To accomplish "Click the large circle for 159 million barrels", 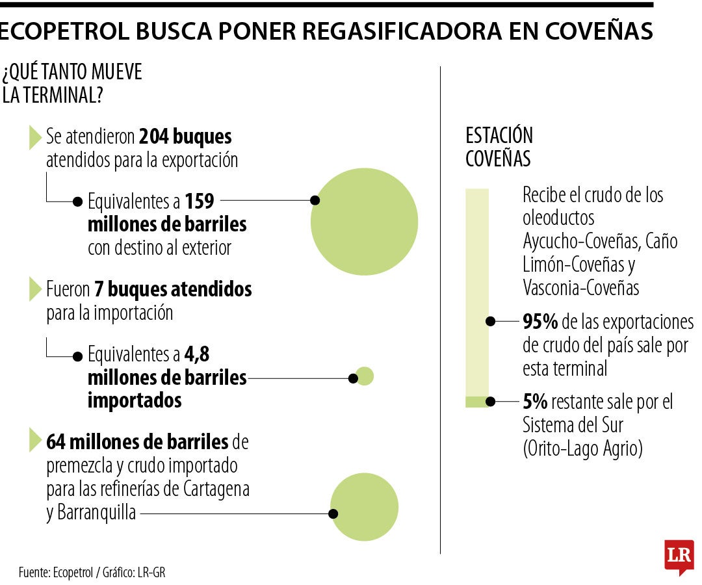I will coord(364,222).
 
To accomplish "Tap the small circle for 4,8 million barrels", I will coord(364,376).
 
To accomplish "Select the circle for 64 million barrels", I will coord(364,507).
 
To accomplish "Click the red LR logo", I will coord(679,556).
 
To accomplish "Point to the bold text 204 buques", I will coord(185,137).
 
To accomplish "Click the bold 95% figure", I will coord(540,322).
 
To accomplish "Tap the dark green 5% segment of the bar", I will coord(476,402).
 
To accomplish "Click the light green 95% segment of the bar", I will coord(476,292).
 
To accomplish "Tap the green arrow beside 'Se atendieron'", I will coord(34,137).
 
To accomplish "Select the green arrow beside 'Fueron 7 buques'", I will coord(34,289).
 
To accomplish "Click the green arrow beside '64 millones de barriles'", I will coord(34,441).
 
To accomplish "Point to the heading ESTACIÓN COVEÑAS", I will coord(499,147).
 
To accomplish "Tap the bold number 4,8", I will coord(196,355).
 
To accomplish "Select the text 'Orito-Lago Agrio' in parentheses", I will coord(582,448).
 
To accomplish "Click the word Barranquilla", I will coord(91,512).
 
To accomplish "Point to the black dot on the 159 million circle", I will coord(315,200).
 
